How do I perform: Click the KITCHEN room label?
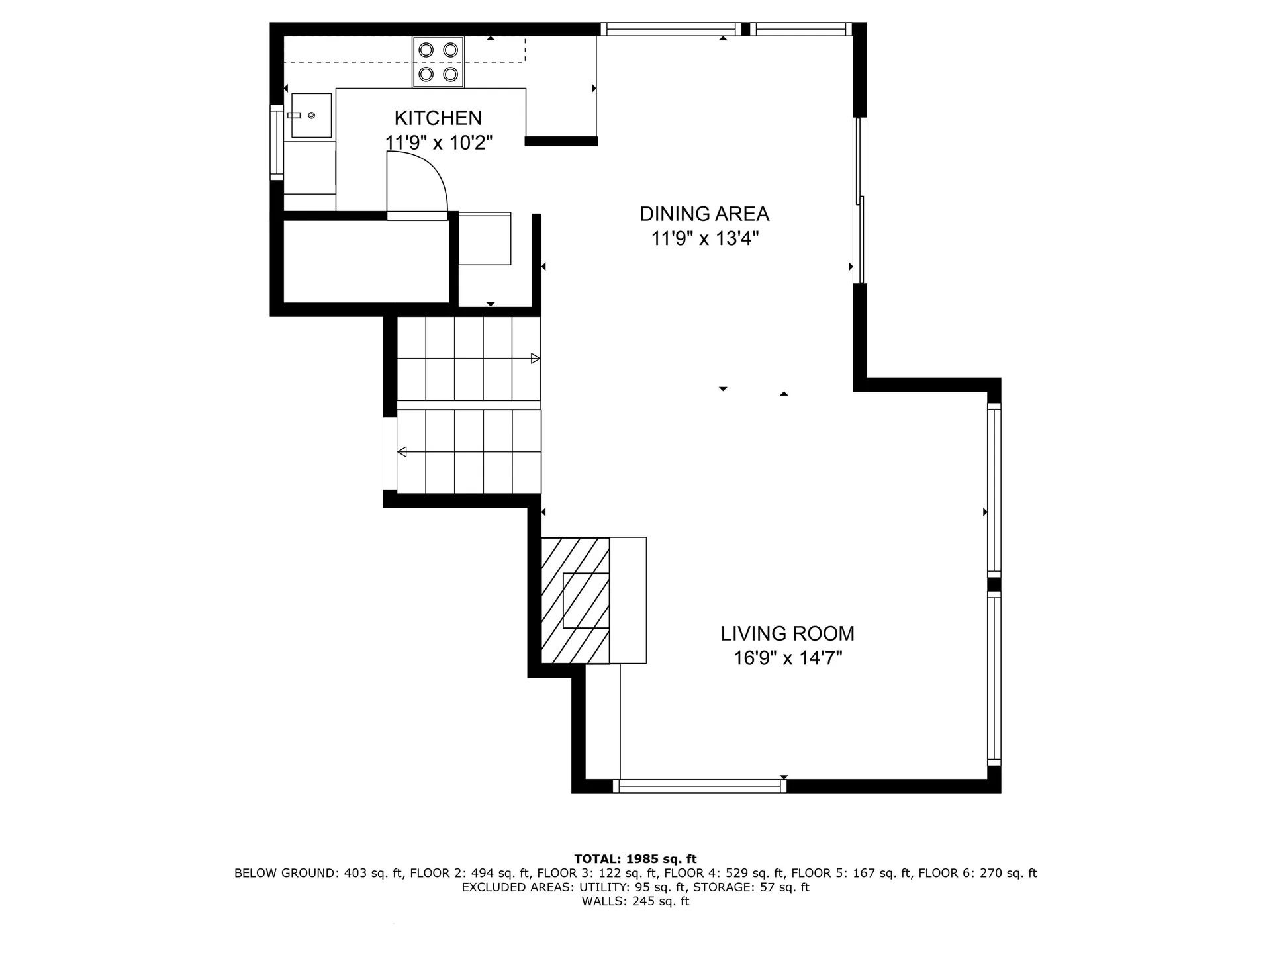[438, 118]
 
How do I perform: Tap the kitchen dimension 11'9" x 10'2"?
[438, 142]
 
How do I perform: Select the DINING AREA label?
[704, 214]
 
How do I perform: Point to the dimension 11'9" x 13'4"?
[704, 238]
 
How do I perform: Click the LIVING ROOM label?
[787, 633]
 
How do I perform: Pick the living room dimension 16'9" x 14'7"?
[787, 658]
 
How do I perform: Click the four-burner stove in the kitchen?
[438, 62]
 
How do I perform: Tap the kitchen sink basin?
[311, 115]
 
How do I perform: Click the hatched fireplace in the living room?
[575, 600]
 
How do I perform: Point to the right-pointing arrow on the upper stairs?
[535, 359]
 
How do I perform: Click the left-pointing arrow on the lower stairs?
[402, 452]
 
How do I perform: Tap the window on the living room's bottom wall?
[700, 786]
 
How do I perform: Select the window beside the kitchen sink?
[277, 142]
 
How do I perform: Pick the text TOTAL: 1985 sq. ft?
[635, 859]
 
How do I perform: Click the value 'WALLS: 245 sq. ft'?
[635, 901]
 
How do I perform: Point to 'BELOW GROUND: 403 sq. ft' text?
[318, 873]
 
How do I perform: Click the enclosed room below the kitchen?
[366, 261]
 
